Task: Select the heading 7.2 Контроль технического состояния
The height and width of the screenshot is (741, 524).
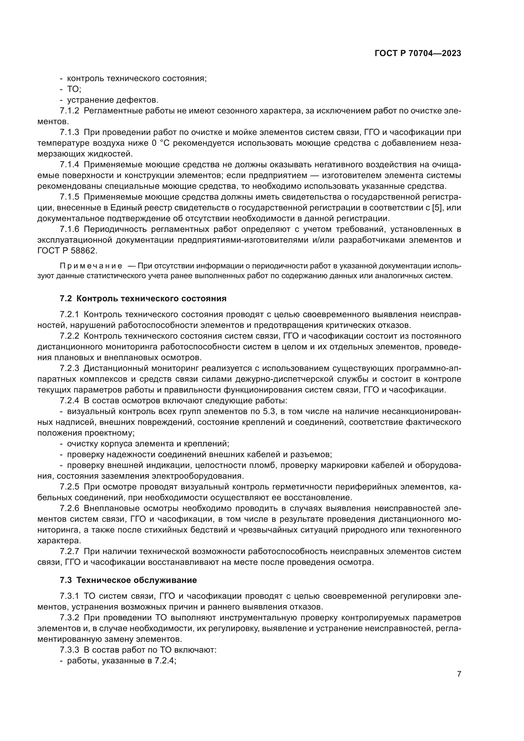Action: click(x=143, y=298)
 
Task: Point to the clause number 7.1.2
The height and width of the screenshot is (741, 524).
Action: click(x=69, y=111)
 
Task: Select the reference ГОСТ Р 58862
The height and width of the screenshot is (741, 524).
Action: click(x=67, y=251)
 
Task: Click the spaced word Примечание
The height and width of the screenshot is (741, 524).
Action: click(x=91, y=266)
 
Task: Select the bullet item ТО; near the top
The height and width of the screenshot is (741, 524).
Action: click(x=74, y=89)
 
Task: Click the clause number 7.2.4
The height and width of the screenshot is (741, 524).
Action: click(x=69, y=401)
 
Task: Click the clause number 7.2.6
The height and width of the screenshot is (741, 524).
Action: click(x=69, y=508)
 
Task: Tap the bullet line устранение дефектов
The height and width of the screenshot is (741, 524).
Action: click(x=112, y=100)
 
